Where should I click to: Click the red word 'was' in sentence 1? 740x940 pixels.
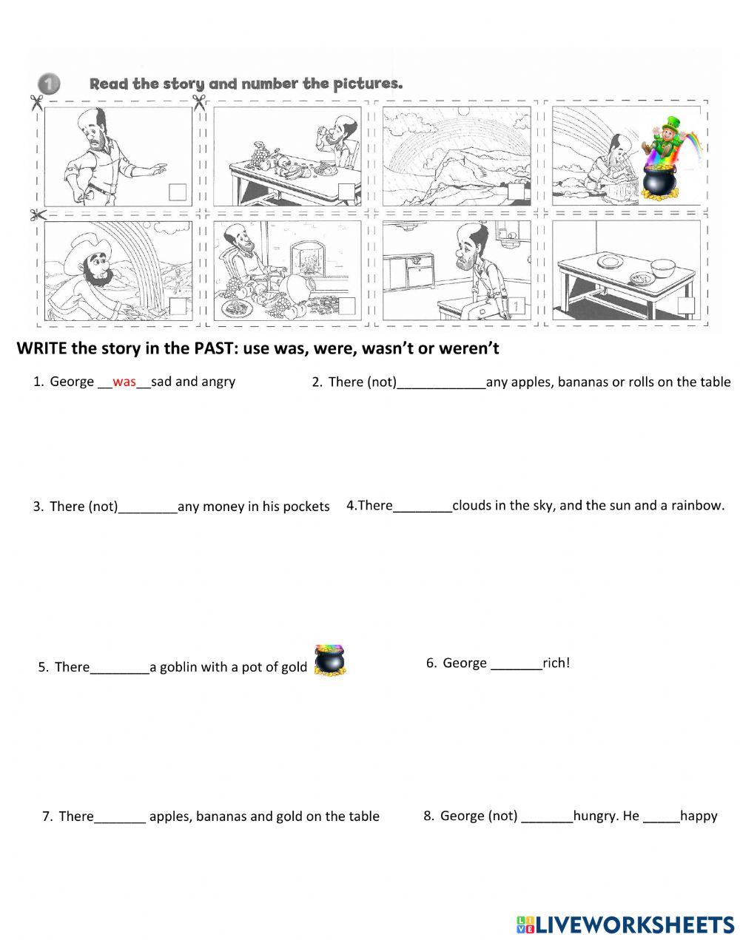(124, 382)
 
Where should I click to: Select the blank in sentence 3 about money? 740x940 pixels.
(148, 512)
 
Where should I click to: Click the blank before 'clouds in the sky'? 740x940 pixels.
(422, 511)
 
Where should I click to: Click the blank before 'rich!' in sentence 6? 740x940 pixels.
(517, 669)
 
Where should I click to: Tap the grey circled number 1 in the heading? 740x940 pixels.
(49, 84)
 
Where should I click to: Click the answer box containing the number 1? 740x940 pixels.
(517, 306)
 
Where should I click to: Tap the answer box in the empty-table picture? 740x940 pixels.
(686, 305)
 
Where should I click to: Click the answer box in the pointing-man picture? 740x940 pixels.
(178, 192)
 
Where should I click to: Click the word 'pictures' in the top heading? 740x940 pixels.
(368, 84)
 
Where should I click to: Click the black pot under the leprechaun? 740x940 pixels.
(659, 181)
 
